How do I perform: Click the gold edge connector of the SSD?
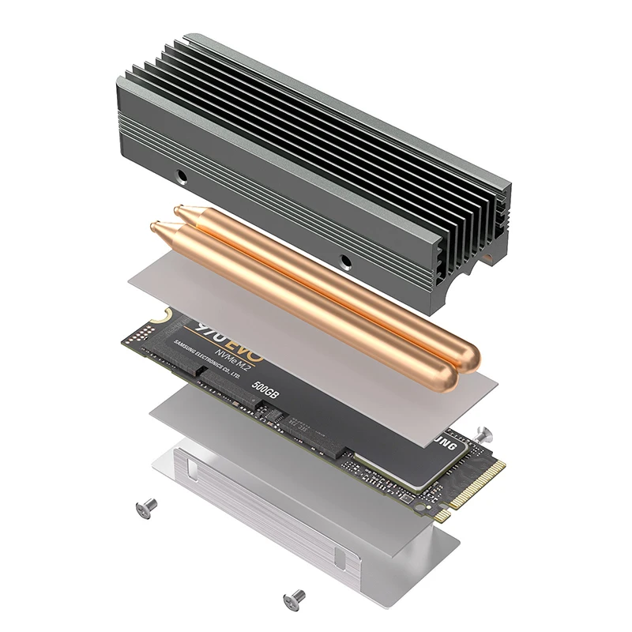475,490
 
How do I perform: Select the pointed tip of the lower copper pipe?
155,227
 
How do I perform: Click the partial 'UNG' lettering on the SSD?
449,445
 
